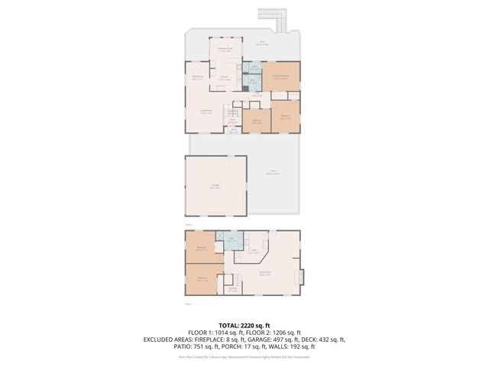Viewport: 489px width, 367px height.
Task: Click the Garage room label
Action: coord(215,187)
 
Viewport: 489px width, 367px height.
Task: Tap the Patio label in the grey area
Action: coord(272,173)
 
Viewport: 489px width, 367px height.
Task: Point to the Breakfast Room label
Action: coord(226,50)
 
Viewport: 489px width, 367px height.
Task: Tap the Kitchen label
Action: coord(225,78)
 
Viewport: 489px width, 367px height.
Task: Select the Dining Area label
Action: coord(196,77)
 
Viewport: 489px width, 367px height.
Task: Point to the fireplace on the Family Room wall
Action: coord(302,275)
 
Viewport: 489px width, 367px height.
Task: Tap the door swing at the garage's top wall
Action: coord(230,158)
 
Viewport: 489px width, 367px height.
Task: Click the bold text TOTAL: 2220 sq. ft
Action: coord(244,326)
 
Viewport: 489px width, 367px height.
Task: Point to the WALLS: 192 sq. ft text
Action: coord(289,347)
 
